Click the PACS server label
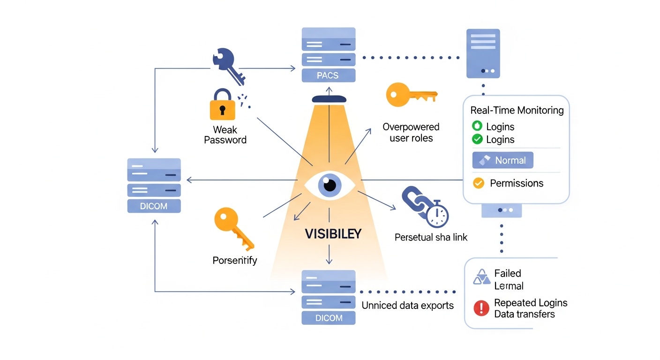coord(328,75)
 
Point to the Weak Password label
coord(225,135)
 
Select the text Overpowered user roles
coord(411,133)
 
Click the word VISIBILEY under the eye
coord(333,234)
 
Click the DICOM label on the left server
coord(154,205)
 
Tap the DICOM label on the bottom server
coord(329,318)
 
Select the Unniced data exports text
coord(407,306)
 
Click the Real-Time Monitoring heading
coord(517,111)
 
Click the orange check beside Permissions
coord(478,183)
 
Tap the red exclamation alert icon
coord(481,308)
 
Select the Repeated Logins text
coord(531,303)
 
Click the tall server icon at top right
coord(483,53)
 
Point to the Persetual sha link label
coord(431,237)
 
